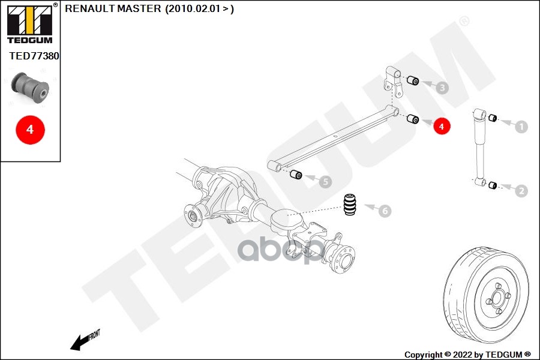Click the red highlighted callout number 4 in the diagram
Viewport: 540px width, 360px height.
pyautogui.click(x=441, y=127)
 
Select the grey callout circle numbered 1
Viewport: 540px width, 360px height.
pyautogui.click(x=521, y=127)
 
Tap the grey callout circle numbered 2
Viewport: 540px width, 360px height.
pyautogui.click(x=521, y=191)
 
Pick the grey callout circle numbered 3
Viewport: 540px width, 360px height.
pyautogui.click(x=442, y=88)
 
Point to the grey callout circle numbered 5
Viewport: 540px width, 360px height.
pyautogui.click(x=324, y=181)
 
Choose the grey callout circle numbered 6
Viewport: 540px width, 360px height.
pyautogui.click(x=384, y=211)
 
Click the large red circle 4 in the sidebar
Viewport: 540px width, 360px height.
pyautogui.click(x=30, y=129)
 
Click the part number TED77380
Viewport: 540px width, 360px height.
pyautogui.click(x=34, y=56)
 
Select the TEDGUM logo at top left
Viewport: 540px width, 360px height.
pyautogui.click(x=29, y=23)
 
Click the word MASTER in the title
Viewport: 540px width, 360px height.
pyautogui.click(x=140, y=9)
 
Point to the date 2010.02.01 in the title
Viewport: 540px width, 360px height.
pyautogui.click(x=194, y=9)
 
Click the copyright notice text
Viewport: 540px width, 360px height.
pyautogui.click(x=467, y=355)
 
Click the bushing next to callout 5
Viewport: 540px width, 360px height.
pyautogui.click(x=295, y=175)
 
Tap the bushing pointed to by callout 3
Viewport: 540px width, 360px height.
pyautogui.click(x=413, y=81)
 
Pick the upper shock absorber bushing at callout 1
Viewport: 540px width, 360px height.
pyautogui.click(x=493, y=117)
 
